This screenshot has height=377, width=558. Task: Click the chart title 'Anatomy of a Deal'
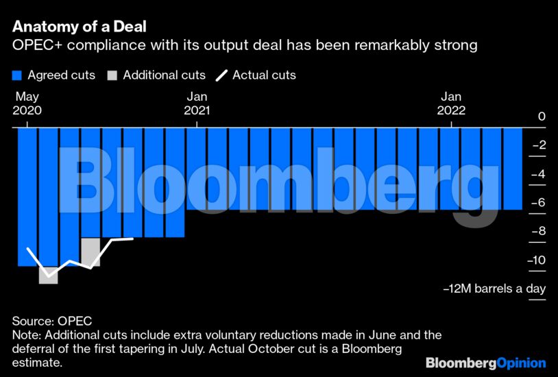(79, 27)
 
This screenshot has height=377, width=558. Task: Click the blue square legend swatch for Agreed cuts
(17, 75)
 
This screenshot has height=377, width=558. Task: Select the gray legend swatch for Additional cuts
(112, 75)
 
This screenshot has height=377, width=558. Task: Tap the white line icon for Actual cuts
(222, 75)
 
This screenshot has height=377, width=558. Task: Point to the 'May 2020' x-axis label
(27, 104)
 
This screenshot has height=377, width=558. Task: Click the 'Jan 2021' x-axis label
(197, 104)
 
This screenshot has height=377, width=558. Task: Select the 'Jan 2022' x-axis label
(452, 104)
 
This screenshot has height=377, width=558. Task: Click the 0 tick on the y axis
(542, 117)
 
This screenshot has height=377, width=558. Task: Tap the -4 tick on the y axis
(538, 174)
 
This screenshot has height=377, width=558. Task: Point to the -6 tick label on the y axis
(538, 203)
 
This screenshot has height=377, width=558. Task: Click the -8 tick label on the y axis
(538, 232)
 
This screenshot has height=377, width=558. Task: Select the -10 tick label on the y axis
(536, 260)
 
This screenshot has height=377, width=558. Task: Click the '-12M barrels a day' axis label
(494, 289)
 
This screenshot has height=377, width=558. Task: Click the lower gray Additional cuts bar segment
(49, 275)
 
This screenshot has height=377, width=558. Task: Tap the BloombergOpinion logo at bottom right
(485, 363)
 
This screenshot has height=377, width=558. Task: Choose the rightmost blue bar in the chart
(513, 169)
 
